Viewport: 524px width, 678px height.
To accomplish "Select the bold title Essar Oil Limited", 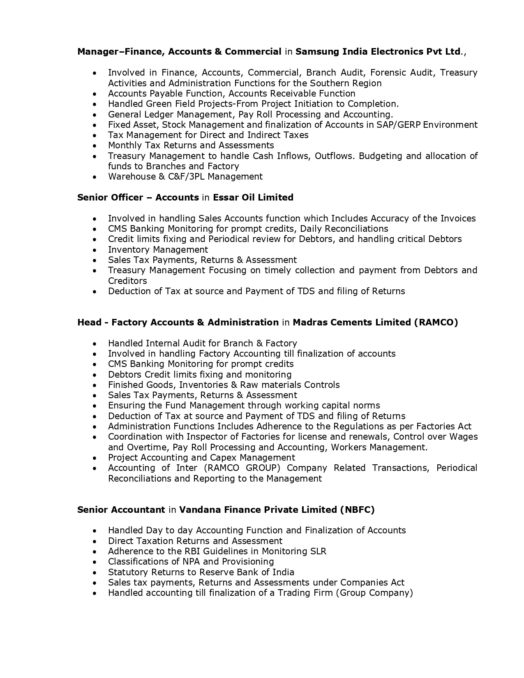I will tap(253, 198).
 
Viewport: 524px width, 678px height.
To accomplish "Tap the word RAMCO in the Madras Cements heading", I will tap(436, 323).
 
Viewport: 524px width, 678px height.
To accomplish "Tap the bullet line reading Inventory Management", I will tap(158, 250).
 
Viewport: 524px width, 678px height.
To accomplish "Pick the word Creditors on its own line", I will tap(127, 281).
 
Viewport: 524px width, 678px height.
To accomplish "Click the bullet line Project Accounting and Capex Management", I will tap(201, 458).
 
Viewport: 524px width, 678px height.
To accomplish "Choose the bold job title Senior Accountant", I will tap(121, 510).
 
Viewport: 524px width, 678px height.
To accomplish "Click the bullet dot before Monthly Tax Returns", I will tap(95, 146).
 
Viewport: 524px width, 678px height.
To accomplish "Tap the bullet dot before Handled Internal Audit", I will tap(95, 344).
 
